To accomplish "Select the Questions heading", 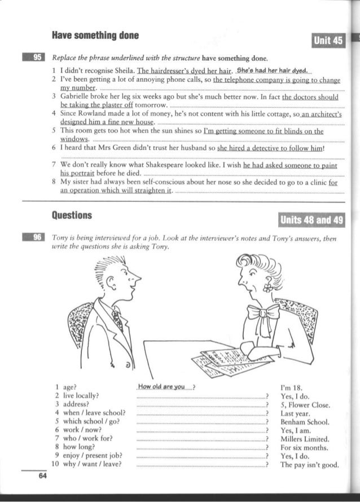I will click(72, 215).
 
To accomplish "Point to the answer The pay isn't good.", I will click(309, 464).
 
